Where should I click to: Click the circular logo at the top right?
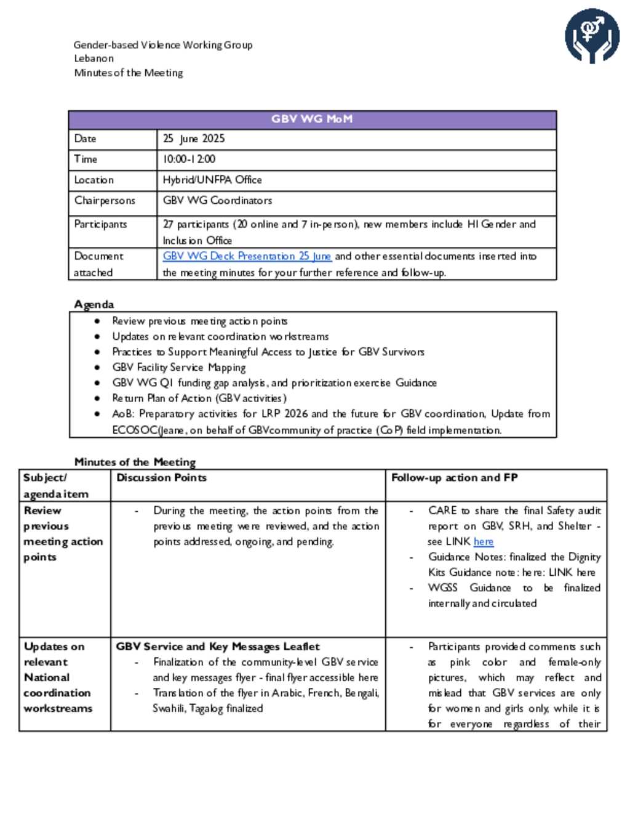pyautogui.click(x=592, y=36)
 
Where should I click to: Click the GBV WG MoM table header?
pyautogui.click(x=312, y=119)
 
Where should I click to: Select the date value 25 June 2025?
pyautogui.click(x=194, y=139)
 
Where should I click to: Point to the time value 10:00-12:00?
pyautogui.click(x=189, y=159)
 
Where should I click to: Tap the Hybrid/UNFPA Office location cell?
pyautogui.click(x=212, y=180)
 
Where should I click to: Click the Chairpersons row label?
pyautogui.click(x=105, y=200)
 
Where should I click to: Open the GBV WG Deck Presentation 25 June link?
pyautogui.click(x=247, y=256)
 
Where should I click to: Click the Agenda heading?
pyautogui.click(x=94, y=304)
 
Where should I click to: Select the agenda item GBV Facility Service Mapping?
pyautogui.click(x=178, y=368)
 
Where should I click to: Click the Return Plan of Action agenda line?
pyautogui.click(x=199, y=398)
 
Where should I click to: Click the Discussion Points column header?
pyautogui.click(x=161, y=478)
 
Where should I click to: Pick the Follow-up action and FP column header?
pyautogui.click(x=455, y=478)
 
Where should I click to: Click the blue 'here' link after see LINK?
pyautogui.click(x=484, y=542)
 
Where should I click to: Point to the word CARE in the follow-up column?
pyautogui.click(x=442, y=511)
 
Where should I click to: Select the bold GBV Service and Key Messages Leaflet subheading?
pyautogui.click(x=218, y=647)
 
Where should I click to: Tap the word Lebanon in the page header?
pyautogui.click(x=94, y=59)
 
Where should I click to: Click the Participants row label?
pyautogui.click(x=100, y=224)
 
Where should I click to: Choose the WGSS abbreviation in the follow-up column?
pyautogui.click(x=442, y=588)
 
